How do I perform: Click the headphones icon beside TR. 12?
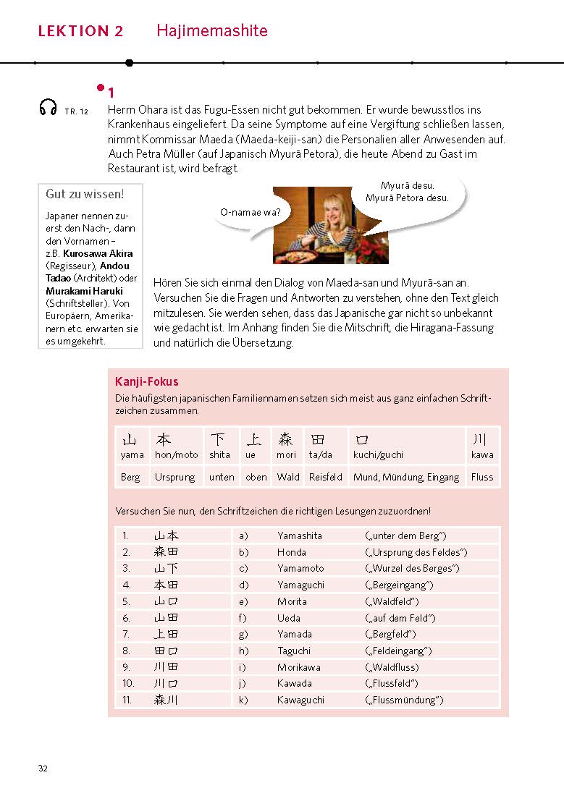tap(48, 108)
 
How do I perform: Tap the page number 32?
tap(43, 769)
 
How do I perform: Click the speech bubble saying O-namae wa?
tap(251, 212)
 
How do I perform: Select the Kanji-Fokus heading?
tap(147, 381)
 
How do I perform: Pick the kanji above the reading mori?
tap(286, 439)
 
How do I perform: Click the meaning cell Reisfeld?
tap(325, 477)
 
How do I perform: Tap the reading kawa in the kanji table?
tap(482, 454)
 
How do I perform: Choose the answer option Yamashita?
tap(300, 535)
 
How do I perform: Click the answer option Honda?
tap(292, 552)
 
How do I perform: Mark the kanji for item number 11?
tap(166, 700)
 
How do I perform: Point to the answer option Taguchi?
tap(294, 651)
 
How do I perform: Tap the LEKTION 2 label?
tap(81, 31)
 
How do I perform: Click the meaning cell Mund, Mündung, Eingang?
tap(406, 477)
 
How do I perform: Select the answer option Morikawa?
tap(298, 667)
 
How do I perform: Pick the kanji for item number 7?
tap(166, 634)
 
